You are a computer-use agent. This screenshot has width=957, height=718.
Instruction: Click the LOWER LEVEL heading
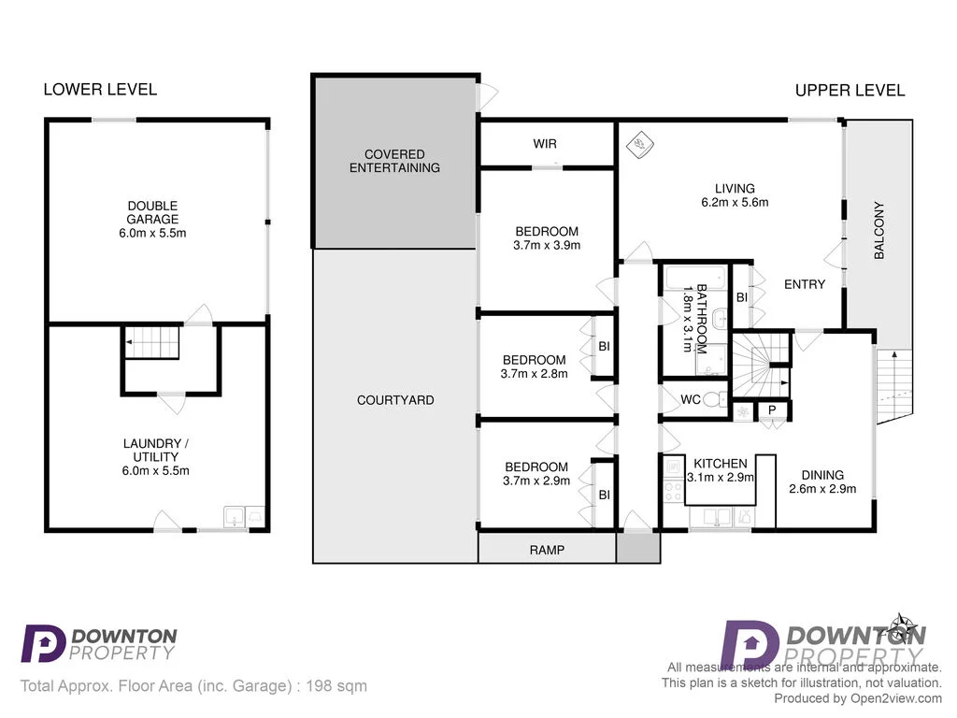click(x=100, y=90)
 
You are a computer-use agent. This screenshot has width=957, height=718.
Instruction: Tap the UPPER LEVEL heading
click(x=850, y=91)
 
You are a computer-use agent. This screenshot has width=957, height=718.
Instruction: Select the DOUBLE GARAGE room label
click(x=153, y=206)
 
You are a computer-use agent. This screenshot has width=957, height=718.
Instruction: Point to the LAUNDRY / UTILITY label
click(x=155, y=450)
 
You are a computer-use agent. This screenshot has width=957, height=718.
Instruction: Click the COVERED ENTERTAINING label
click(x=394, y=161)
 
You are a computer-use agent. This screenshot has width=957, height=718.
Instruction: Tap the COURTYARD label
click(x=395, y=400)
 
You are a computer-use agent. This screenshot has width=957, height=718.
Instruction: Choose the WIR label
click(x=545, y=144)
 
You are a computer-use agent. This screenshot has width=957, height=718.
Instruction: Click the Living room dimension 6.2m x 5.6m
click(x=735, y=202)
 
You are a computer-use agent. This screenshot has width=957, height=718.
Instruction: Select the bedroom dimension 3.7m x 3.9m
click(x=547, y=246)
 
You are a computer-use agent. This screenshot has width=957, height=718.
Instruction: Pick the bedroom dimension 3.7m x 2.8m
click(x=534, y=373)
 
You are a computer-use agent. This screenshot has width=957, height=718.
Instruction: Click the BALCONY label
click(x=879, y=230)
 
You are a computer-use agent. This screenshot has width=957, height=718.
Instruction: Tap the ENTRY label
click(x=804, y=284)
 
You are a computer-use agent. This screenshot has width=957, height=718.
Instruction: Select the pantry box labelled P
click(x=773, y=409)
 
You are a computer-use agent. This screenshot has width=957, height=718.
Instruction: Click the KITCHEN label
click(x=720, y=463)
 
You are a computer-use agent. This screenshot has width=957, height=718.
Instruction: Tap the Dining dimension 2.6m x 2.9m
click(x=822, y=488)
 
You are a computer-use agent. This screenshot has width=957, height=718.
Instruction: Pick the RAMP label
click(x=547, y=550)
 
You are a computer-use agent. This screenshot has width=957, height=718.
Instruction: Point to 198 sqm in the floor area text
click(x=337, y=686)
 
